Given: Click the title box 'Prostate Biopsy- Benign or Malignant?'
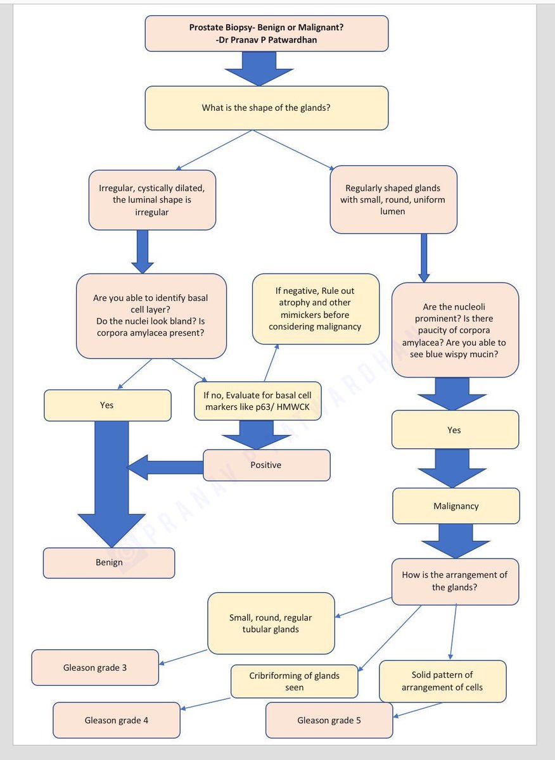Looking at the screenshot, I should coord(266,33).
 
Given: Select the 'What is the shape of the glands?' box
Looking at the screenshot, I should coord(266,108).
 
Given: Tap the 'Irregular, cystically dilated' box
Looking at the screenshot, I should coord(152,200).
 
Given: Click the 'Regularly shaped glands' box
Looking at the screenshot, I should coord(393,199).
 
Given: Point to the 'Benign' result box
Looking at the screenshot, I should coord(109,562).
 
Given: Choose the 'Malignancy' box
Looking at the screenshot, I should coord(456,506).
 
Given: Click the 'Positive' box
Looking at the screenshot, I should coord(266,465).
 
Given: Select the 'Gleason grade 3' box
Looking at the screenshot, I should coord(95,668).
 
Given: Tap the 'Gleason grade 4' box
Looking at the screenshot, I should coord(117,720).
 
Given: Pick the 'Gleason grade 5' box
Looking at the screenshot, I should coord(329,720).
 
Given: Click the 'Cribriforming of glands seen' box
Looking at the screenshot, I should coord(294,681).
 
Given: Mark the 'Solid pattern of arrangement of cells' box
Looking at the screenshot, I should coord(442,681).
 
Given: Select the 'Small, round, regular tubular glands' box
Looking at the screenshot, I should coord(271,623).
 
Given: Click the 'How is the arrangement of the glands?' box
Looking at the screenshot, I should coord(455,581).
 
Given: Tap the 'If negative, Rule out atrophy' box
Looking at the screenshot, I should coord(316,308).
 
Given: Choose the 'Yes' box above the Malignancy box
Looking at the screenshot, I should coord(454,430).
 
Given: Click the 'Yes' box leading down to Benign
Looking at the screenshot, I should coord(107,405).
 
